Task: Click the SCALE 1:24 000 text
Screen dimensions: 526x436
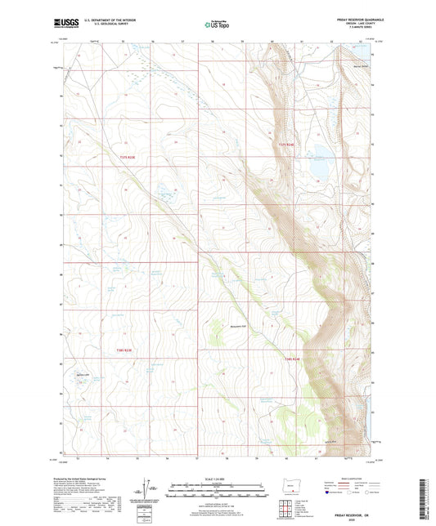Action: [x=218, y=478]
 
